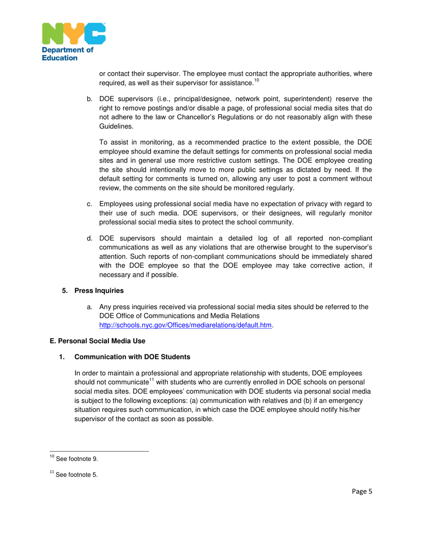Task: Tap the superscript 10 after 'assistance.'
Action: tap(256, 80)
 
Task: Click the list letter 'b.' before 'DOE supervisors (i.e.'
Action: tap(89, 99)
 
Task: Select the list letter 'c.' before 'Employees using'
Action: tap(89, 204)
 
